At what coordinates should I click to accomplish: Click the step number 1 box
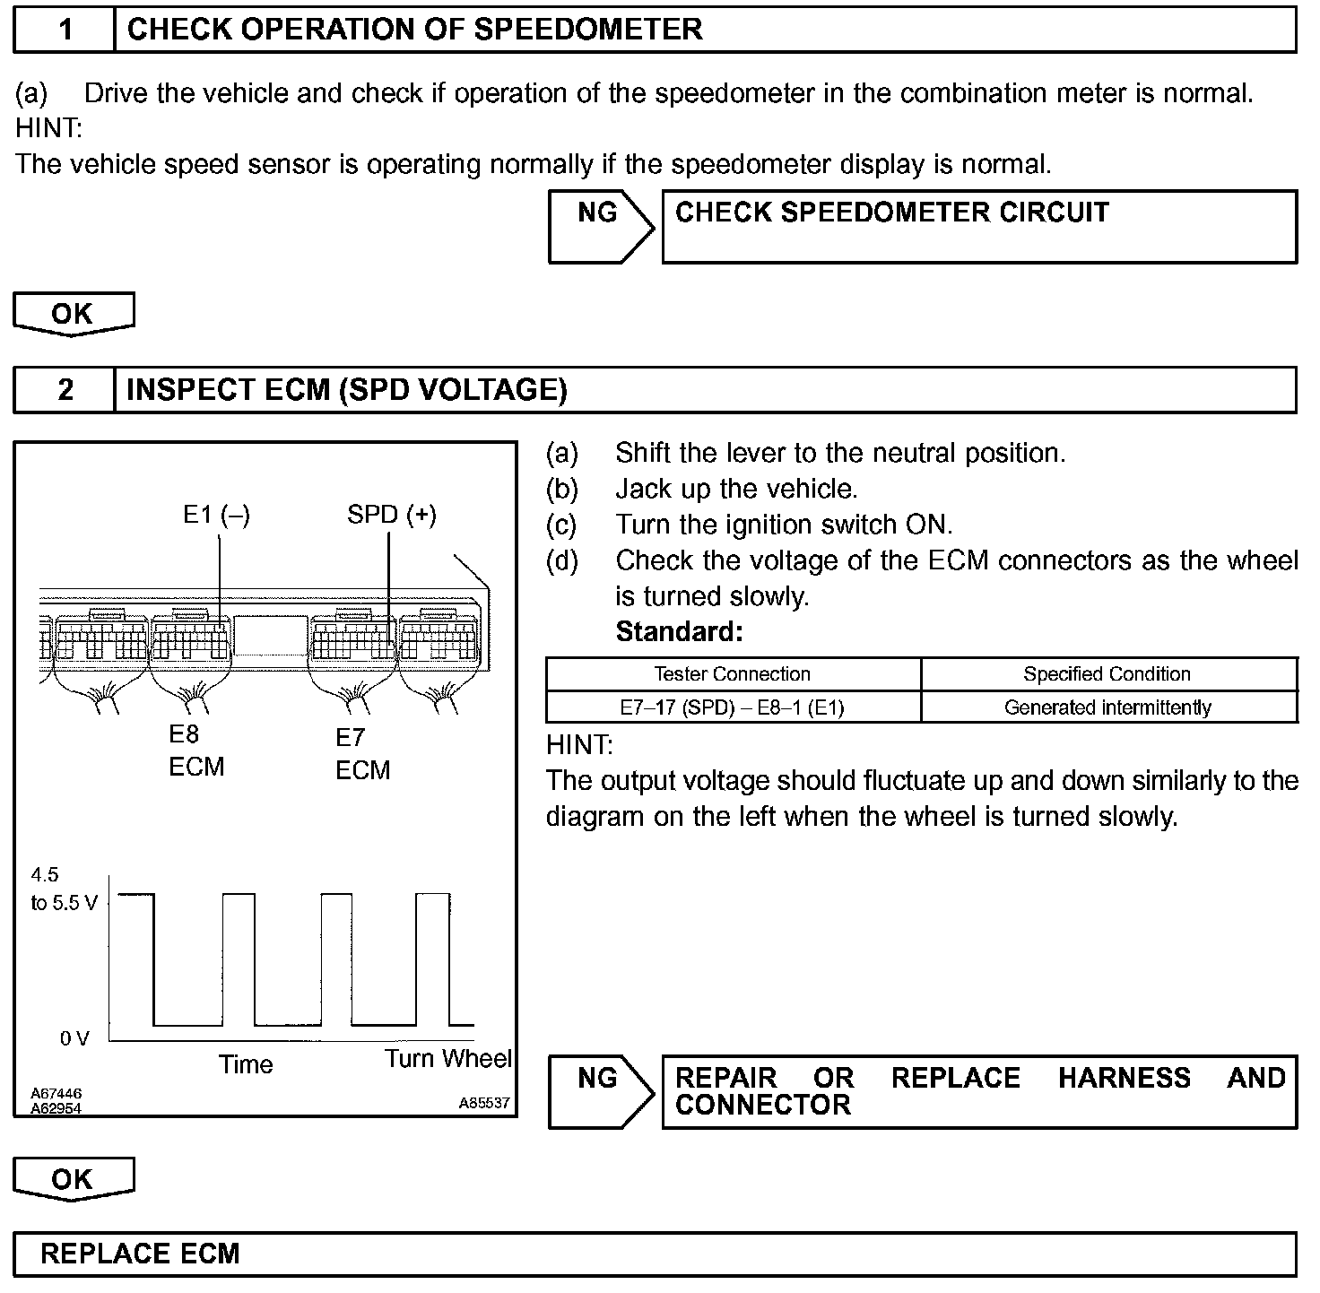coord(65,30)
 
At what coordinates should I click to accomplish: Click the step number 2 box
coord(65,390)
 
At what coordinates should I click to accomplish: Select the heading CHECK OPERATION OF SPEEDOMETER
coord(414,30)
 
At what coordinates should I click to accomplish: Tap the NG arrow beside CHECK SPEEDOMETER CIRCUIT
coord(599,226)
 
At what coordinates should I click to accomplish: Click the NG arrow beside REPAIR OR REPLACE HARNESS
coord(599,1090)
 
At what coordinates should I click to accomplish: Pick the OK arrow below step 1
coord(73,314)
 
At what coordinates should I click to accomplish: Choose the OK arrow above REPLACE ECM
coord(73,1179)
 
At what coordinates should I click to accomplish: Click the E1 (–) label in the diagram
coord(216,515)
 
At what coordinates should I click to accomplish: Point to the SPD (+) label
coord(392,515)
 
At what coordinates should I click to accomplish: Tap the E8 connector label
coord(184,735)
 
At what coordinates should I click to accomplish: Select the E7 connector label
coord(351,738)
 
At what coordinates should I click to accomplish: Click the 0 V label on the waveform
coord(75,1038)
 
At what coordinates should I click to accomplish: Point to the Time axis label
coord(246,1064)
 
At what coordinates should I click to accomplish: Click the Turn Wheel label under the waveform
coord(447,1059)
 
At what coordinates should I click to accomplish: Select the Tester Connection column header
coord(732,674)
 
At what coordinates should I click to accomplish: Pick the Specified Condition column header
coord(1107,674)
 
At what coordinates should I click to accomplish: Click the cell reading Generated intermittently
coord(1107,707)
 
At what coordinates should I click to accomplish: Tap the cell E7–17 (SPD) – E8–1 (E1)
coord(732,707)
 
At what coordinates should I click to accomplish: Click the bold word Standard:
coord(679,632)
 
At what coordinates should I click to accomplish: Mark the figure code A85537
coord(484,1103)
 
